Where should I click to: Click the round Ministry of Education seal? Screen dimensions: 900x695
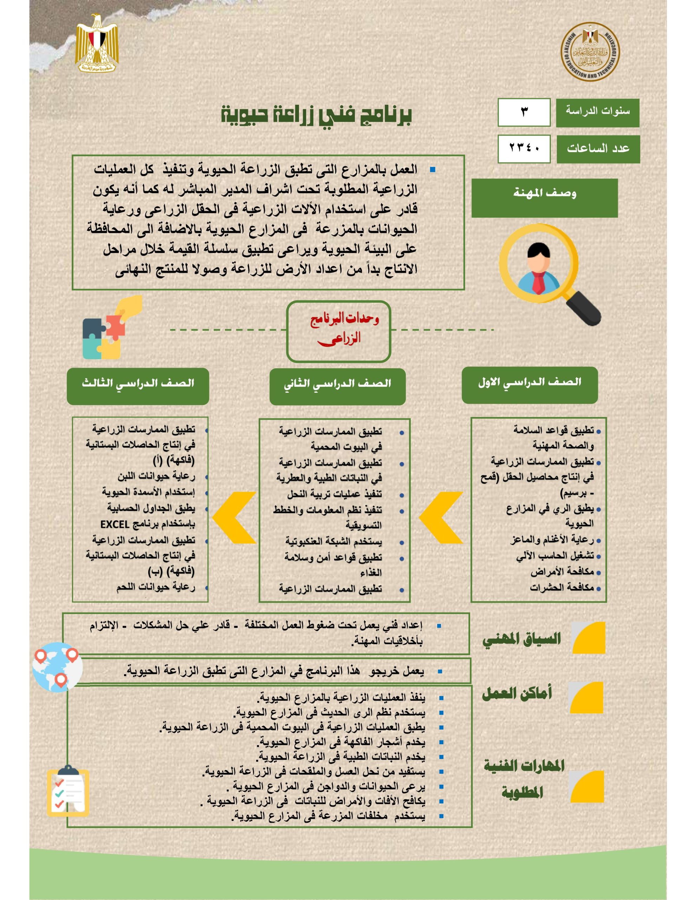click(590, 52)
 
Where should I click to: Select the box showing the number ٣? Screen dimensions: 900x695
click(524, 112)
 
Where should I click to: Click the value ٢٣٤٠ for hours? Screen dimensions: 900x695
click(524, 148)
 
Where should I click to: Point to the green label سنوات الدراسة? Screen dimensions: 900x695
click(597, 112)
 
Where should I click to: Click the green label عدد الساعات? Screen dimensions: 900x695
click(598, 149)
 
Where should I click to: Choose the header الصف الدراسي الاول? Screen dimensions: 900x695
click(530, 385)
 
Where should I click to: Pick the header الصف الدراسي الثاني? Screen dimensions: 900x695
click(337, 386)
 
